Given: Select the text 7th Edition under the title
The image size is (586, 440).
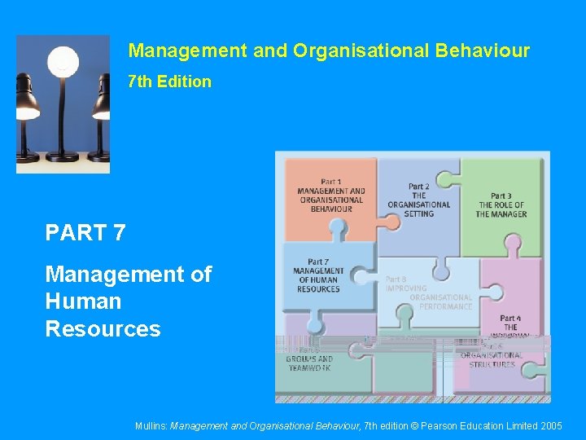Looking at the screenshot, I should (169, 81).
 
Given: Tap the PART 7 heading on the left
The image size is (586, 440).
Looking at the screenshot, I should (85, 233).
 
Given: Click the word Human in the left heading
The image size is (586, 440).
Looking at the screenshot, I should (83, 301).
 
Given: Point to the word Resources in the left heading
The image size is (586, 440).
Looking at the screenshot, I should (103, 329).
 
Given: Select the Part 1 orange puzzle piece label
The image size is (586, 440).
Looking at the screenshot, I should (330, 196).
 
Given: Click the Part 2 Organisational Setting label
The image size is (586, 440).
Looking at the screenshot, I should (418, 200).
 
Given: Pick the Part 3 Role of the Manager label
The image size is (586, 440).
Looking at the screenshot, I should (501, 205).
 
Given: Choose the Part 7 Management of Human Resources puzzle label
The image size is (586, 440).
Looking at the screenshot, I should (318, 275).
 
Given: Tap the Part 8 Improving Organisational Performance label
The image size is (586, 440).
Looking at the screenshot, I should (430, 293).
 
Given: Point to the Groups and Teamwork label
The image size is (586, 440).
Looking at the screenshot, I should (310, 362).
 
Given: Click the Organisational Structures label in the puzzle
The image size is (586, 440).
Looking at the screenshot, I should (492, 359).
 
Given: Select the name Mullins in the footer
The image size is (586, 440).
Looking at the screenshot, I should (151, 425).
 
